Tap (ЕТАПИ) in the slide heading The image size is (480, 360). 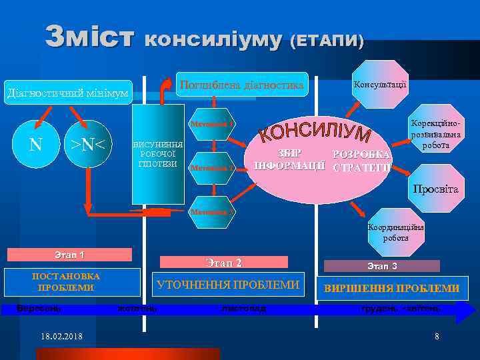pos(327,41)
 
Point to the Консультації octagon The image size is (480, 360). pos(379,84)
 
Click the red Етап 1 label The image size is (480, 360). pos(69,255)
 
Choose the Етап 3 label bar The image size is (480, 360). pos(382,265)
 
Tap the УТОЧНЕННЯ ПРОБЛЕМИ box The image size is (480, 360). pos(227,285)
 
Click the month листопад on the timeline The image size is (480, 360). pos(244,309)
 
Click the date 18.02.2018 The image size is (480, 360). pos(62,336)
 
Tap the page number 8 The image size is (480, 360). pos(437,336)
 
